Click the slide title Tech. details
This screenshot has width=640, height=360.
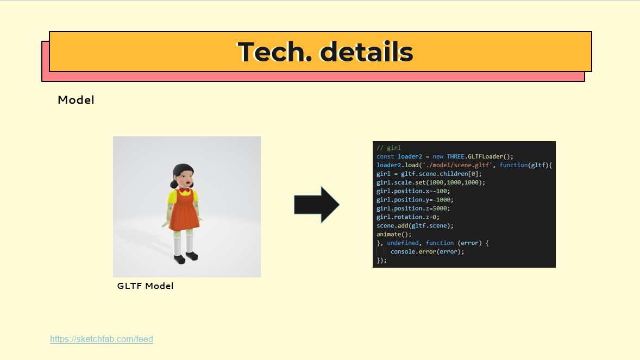click(x=325, y=52)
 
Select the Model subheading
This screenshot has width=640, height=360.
click(x=76, y=100)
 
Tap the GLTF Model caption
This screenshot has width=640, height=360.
click(x=145, y=286)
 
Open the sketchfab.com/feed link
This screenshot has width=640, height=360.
click(x=102, y=339)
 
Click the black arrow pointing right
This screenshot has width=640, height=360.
click(x=316, y=205)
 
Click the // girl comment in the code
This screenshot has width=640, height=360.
click(x=388, y=148)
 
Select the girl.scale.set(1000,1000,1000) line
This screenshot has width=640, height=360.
click(x=430, y=182)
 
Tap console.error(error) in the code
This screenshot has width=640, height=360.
click(x=427, y=251)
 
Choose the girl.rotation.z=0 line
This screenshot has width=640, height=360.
click(x=408, y=217)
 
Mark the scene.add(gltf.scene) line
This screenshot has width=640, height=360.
click(x=415, y=225)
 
